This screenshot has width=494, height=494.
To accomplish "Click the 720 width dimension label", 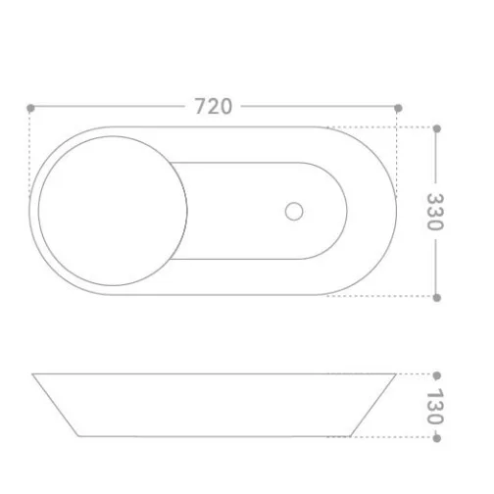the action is coord(214,106).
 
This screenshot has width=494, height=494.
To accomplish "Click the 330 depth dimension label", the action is coord(435,212).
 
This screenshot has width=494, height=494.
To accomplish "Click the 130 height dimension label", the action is coord(435,407).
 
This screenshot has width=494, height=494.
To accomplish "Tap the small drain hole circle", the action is coord(294,212).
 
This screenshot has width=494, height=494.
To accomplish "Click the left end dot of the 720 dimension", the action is coord(30,108).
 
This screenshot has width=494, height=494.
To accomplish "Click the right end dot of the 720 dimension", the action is coord(398,108).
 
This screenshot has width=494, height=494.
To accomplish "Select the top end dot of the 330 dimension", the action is coord(437,128).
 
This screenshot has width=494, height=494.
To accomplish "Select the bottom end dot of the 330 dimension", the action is coord(437,298).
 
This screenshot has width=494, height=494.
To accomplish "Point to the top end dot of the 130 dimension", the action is coord(437,375).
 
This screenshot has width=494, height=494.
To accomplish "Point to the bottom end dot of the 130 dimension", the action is coord(437,438).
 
